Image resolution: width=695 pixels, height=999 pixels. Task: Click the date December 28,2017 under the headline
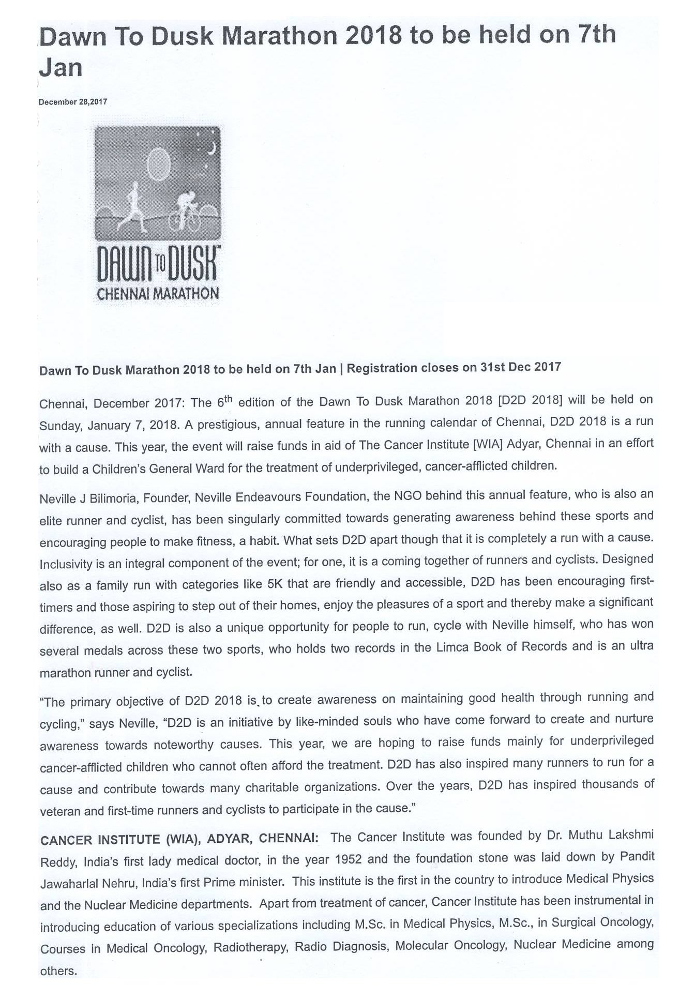click(x=73, y=102)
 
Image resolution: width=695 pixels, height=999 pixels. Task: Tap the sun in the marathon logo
click(x=159, y=161)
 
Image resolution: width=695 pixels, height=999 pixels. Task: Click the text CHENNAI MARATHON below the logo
click(x=158, y=294)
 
